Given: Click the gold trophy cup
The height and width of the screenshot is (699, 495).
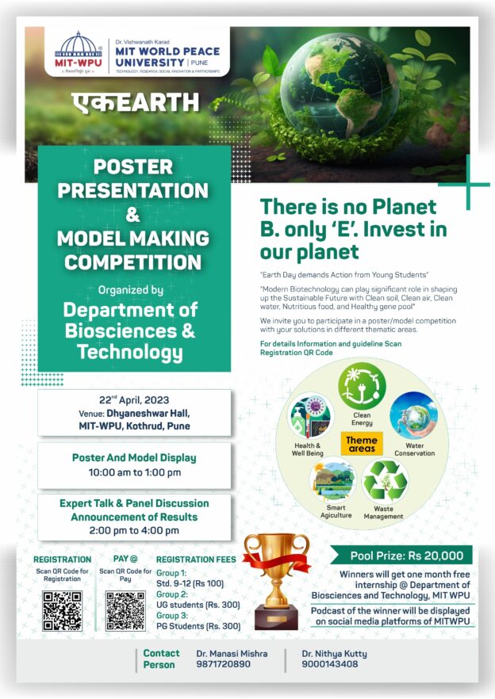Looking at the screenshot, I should point(275,579).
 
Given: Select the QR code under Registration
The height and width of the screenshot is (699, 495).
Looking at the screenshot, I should point(62,610).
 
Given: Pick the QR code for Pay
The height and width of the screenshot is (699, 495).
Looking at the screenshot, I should point(125,610).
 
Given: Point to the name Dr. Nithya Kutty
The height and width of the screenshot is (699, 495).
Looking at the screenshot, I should point(334,654).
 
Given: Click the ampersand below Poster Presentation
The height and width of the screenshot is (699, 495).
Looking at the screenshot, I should point(133,214).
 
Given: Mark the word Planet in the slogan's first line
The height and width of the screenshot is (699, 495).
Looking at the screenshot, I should point(404,208).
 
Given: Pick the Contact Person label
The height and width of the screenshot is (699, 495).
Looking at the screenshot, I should point(161,659).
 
